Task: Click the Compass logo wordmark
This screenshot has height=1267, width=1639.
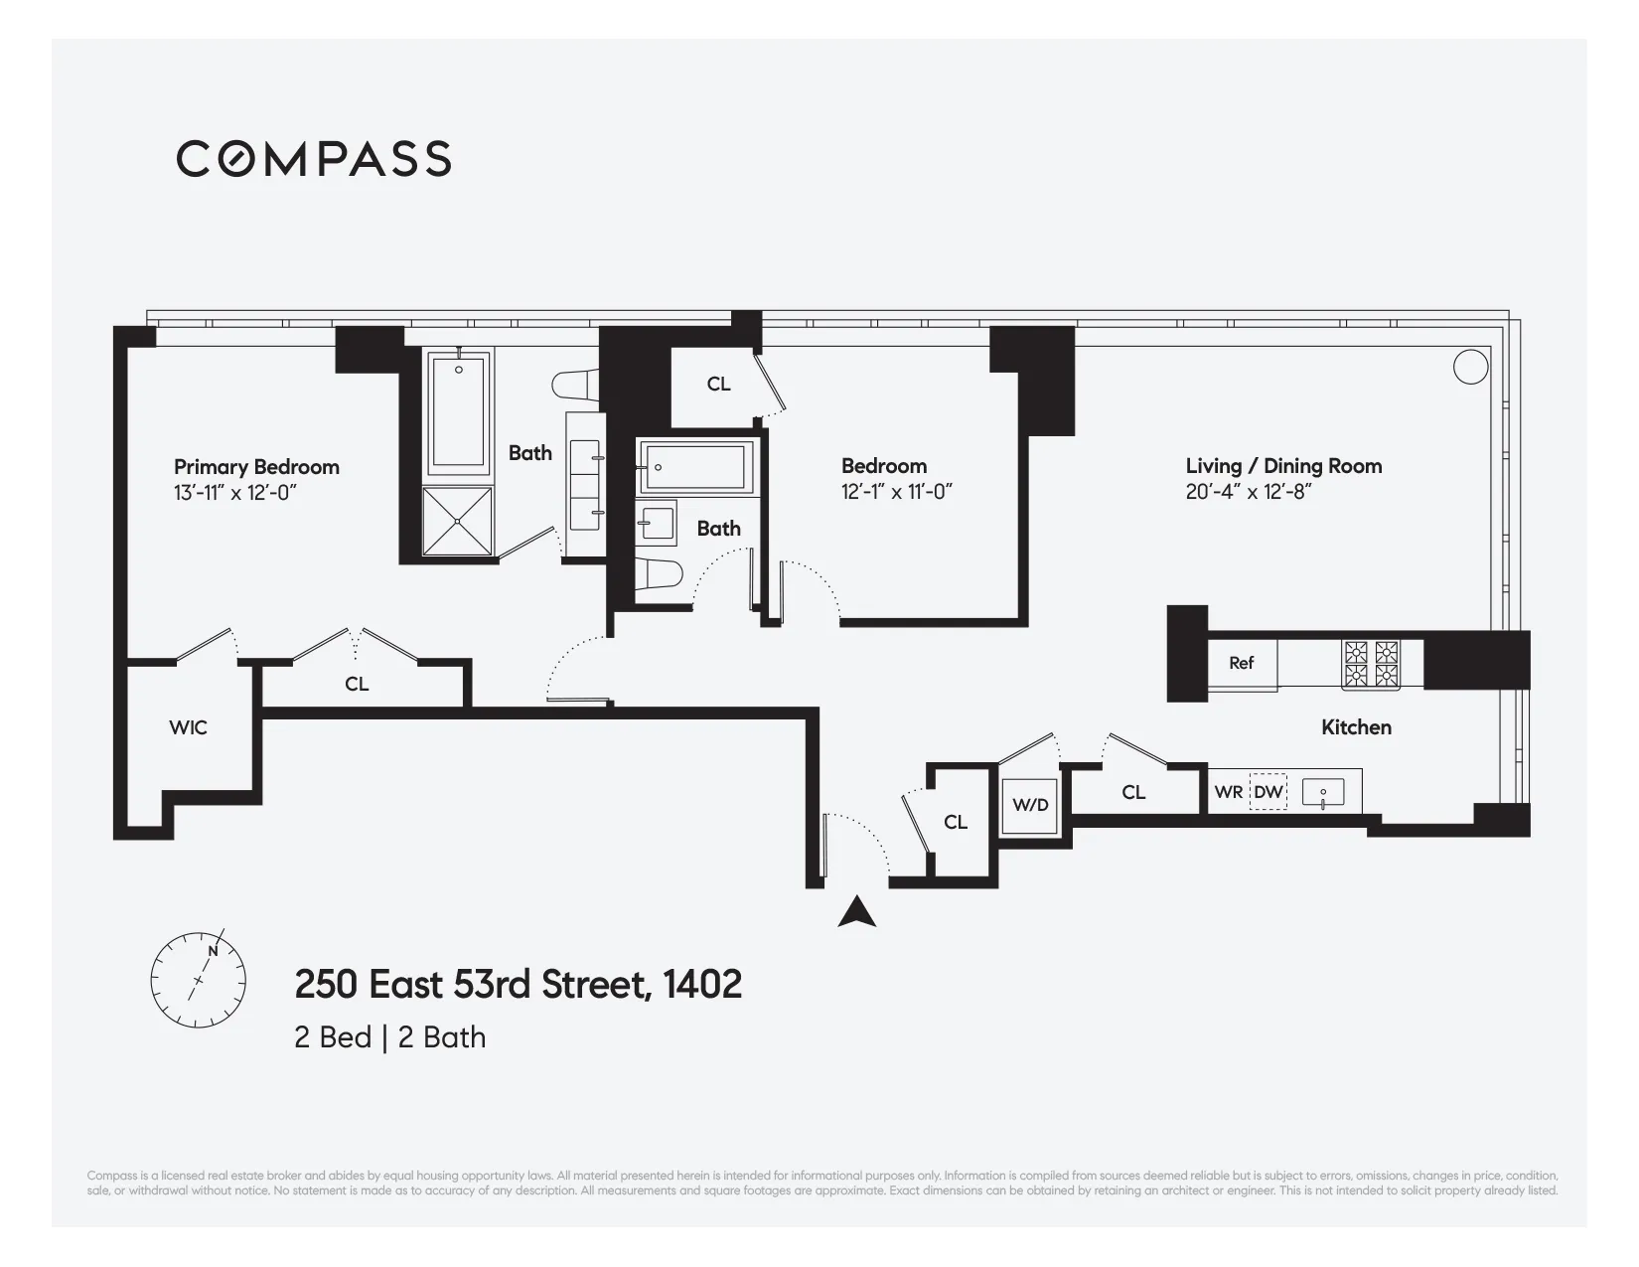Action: (314, 159)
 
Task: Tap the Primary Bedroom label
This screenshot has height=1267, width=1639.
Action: (256, 467)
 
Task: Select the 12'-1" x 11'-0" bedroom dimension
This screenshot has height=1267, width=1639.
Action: (896, 492)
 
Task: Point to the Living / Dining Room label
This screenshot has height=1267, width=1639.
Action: (1283, 466)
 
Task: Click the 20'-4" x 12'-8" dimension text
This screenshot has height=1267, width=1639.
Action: (1249, 492)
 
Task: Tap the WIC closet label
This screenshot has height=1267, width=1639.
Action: (188, 728)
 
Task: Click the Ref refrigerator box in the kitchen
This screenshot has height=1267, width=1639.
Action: (1242, 663)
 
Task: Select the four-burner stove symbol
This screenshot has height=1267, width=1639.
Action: (1371, 665)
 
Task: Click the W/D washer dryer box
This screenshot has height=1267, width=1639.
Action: (1030, 805)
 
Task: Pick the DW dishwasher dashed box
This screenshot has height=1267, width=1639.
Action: (1267, 792)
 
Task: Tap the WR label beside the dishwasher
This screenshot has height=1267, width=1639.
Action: (1228, 792)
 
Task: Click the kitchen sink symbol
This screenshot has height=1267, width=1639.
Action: (1323, 793)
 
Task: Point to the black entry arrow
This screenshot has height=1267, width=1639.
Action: (856, 912)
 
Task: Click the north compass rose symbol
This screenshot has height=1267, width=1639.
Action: (198, 979)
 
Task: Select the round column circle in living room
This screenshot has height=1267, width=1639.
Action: (1470, 367)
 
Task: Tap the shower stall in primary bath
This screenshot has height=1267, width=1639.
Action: (457, 521)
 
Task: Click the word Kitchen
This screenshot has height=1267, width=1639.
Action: (1356, 727)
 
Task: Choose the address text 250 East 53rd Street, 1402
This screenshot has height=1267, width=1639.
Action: (518, 985)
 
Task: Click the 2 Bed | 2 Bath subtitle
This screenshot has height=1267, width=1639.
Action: (389, 1037)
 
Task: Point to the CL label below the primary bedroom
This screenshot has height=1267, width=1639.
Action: (357, 685)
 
